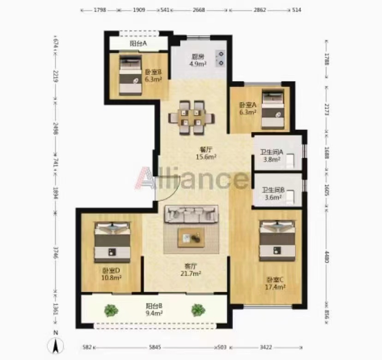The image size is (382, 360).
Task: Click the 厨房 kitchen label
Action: (198, 57)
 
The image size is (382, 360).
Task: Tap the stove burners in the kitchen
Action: (221, 59)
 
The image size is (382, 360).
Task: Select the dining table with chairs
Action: (191, 118)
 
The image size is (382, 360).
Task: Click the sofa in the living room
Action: (191, 214)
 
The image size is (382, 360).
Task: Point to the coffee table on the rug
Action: (191, 237)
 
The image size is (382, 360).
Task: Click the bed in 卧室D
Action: (112, 242)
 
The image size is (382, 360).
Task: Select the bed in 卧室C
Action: (277, 241)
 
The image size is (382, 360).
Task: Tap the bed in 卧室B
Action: (131, 75)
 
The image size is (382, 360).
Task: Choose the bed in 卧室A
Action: (273, 109)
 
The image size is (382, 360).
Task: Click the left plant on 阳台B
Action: (111, 310)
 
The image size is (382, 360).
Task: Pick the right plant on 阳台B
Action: (198, 310)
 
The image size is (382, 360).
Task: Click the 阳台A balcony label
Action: (138, 44)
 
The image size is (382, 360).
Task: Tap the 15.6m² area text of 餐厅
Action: (206, 157)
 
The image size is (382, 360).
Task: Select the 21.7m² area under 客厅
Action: (191, 274)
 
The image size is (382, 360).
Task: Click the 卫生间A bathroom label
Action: (272, 152)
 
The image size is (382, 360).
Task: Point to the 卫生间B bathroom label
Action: (273, 189)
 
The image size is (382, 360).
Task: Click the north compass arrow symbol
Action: (56, 345)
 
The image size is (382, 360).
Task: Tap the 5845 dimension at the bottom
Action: (155, 347)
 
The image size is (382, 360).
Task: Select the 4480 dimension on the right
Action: (327, 257)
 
